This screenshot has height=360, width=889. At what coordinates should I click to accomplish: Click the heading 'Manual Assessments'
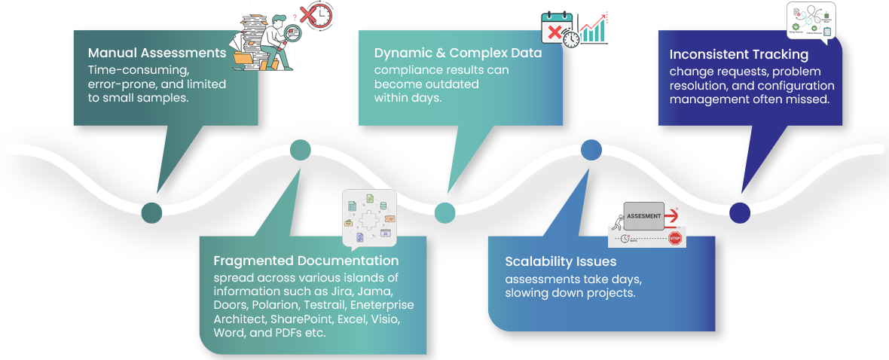click(x=157, y=53)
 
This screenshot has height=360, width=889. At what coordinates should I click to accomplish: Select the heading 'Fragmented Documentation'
click(x=306, y=261)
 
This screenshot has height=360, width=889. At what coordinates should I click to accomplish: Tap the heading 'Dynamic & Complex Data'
click(x=458, y=53)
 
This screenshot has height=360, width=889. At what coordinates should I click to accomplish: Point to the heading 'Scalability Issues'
click(x=561, y=261)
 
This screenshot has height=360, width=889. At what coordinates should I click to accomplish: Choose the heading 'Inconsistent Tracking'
click(x=739, y=54)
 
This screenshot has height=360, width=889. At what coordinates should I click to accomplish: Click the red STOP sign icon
click(x=674, y=239)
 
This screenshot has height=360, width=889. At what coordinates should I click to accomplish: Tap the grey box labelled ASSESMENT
click(x=643, y=216)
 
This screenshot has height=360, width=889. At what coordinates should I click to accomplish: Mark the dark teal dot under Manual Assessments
click(x=151, y=213)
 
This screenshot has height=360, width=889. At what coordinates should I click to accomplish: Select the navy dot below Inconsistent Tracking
click(x=740, y=213)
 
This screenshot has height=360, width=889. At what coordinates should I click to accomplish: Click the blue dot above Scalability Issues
click(x=591, y=150)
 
